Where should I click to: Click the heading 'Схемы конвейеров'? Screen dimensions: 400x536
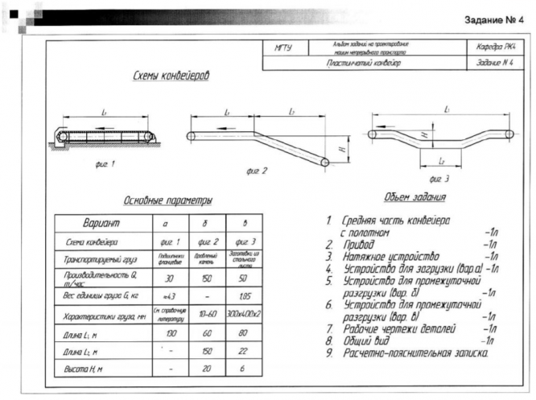[171, 76]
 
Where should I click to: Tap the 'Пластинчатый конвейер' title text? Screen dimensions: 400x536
[364, 62]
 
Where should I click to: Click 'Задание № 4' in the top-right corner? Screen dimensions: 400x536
[493, 19]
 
